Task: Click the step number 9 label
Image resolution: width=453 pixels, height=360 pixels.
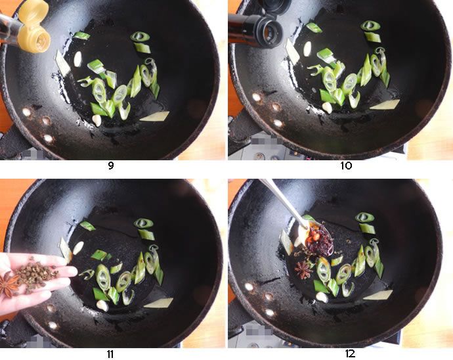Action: pos(111,166)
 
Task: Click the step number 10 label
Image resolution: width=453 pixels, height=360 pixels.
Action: pos(346,166)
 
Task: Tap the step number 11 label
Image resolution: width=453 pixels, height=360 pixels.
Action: pos(110,354)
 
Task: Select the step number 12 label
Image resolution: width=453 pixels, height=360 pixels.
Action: pos(350,353)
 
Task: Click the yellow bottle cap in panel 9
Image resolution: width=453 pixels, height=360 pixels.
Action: pos(34,28)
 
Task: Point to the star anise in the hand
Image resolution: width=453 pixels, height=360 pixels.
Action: pos(8,285)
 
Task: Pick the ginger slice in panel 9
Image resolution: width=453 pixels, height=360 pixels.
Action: pos(154,116)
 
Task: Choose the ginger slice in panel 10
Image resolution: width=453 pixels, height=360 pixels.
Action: pos(385,104)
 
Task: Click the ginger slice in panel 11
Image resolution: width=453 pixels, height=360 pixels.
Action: pos(158,303)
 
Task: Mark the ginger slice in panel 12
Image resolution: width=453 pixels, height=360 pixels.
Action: pos(378,295)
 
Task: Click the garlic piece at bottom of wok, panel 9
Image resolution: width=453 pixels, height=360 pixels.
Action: pos(97,120)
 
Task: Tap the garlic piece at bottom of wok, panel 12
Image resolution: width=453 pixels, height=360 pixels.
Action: pos(322,297)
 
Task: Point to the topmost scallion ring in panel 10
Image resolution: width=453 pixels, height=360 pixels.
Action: pos(370,26)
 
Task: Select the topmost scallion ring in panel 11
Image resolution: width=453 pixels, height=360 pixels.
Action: pos(144,223)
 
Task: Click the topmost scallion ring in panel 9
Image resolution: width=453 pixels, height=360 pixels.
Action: pos(140,36)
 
